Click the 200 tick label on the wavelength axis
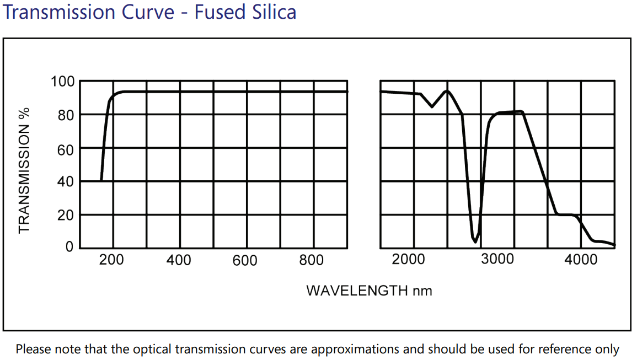111,260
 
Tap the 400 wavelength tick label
178,260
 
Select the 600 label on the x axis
245,260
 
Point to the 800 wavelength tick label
312,260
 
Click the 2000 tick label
408,259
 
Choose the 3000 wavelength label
497,259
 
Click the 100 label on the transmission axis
62,82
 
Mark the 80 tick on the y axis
66,115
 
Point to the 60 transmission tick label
66,148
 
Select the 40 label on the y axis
66,182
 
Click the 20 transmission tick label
66,215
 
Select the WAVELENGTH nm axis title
369,290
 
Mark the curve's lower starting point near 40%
101,180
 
